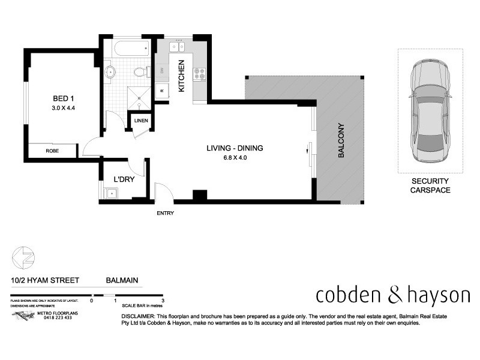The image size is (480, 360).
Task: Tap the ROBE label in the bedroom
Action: (x=53, y=152)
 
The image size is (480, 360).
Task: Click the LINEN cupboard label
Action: (x=142, y=121)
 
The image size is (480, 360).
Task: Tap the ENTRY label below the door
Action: (x=165, y=214)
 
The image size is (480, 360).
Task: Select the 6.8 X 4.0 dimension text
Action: (x=235, y=158)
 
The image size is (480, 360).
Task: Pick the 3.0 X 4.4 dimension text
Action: (x=62, y=108)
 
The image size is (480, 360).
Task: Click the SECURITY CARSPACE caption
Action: (x=430, y=185)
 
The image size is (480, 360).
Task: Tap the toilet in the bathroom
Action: (x=140, y=73)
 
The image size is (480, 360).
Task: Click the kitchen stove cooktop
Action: (x=199, y=74)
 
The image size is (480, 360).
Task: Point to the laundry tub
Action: (x=110, y=193)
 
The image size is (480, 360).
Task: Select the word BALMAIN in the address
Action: (x=122, y=280)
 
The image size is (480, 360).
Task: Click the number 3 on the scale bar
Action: (x=163, y=300)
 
